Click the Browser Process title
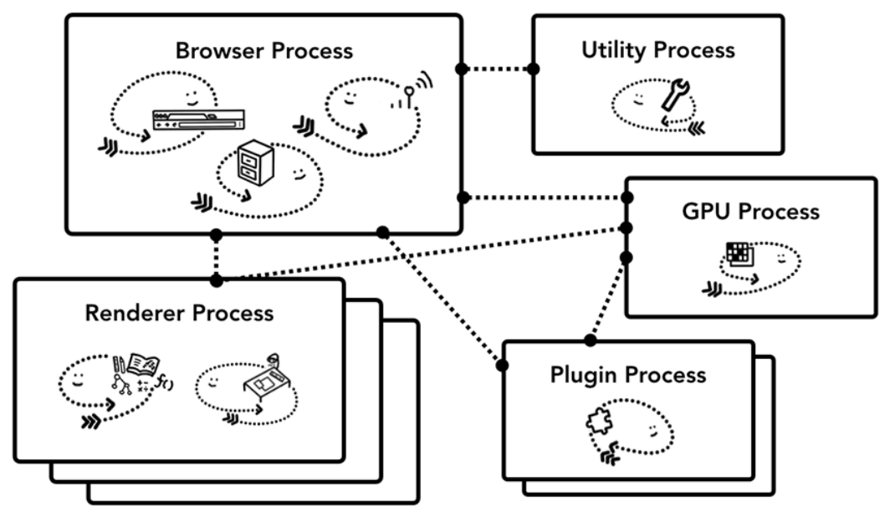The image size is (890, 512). pyautogui.click(x=263, y=50)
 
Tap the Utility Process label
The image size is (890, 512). pyautogui.click(x=657, y=50)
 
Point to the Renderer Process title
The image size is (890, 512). pyautogui.click(x=179, y=314)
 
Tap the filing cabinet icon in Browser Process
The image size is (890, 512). pyautogui.click(x=252, y=161)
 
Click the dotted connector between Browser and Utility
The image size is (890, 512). pyautogui.click(x=496, y=68)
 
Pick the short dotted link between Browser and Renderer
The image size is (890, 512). pyautogui.click(x=217, y=256)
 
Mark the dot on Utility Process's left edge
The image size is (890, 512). pyautogui.click(x=533, y=68)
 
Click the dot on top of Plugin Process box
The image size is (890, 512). pyautogui.click(x=590, y=340)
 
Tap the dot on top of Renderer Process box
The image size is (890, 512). pyautogui.click(x=217, y=279)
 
